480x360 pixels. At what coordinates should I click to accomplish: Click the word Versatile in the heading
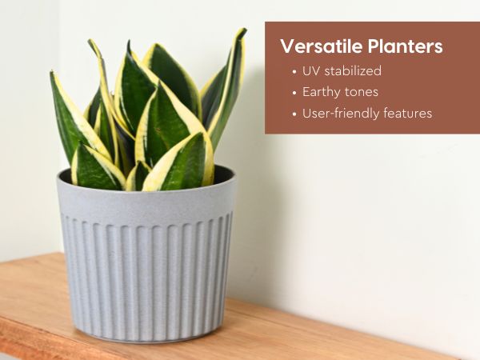tap(322, 46)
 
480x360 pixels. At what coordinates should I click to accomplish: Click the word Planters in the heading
tap(406, 46)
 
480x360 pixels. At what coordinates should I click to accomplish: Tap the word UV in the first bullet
tap(311, 70)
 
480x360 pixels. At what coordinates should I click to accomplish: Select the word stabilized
tap(353, 70)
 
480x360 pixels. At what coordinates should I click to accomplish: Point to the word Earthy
tap(322, 92)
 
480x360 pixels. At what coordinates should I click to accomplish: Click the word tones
tap(362, 92)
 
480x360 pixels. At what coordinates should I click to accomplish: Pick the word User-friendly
tap(341, 114)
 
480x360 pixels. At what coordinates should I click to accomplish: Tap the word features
tap(407, 113)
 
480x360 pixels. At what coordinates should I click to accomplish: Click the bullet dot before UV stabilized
tap(294, 72)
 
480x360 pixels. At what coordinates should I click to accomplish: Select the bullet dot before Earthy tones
tap(294, 94)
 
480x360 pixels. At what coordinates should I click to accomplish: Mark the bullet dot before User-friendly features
tap(294, 114)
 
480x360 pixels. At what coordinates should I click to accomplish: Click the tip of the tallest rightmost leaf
tap(244, 29)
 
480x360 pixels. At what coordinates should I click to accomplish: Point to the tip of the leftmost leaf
tap(52, 72)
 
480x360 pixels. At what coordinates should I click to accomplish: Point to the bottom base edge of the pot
tap(147, 338)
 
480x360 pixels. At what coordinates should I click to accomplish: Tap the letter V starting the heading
tap(287, 46)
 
